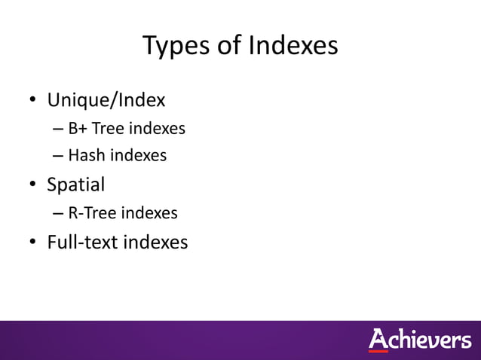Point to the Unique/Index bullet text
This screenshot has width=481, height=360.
(106, 100)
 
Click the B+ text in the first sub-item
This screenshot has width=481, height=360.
(77, 129)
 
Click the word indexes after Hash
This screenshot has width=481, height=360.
(139, 156)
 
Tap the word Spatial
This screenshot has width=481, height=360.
(75, 184)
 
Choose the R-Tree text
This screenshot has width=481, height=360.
(92, 213)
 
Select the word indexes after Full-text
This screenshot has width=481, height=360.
(155, 242)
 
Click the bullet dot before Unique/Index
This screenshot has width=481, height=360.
(32, 101)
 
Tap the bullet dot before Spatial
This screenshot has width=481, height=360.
(32, 185)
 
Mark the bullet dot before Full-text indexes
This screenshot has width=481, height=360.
(32, 243)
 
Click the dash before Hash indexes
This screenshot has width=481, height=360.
(58, 157)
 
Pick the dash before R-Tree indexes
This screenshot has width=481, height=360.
(58, 214)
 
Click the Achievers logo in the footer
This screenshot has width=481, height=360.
(419, 340)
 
